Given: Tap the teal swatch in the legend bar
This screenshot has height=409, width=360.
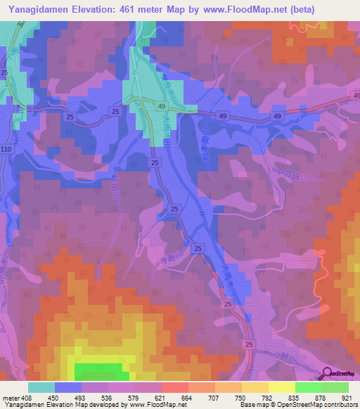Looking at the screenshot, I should click(41, 387).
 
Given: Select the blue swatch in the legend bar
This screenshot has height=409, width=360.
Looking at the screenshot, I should click(68, 387).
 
